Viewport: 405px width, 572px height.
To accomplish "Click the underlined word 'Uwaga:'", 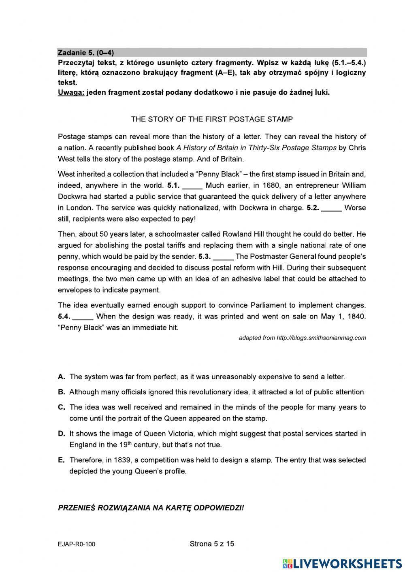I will click(71, 92).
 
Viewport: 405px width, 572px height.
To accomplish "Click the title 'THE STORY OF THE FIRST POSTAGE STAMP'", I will click(211, 119).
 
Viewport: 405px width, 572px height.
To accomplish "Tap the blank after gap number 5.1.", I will click(192, 186).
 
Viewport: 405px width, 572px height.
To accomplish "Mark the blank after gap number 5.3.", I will click(223, 257).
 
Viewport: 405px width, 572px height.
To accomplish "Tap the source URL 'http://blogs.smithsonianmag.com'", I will click(321, 338).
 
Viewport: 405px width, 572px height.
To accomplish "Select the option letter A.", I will click(62, 377).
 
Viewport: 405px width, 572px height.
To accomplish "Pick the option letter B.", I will click(62, 392).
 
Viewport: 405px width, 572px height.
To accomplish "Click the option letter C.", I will click(62, 407).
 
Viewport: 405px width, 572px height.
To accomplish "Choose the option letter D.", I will click(62, 434).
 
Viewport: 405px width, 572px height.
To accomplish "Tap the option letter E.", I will click(62, 460).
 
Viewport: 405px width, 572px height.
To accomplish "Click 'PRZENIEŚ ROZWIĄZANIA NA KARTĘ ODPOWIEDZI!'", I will click(151, 508).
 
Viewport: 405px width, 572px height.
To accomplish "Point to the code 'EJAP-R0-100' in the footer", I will click(77, 544).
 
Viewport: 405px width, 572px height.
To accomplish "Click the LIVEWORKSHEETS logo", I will click(342, 563).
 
